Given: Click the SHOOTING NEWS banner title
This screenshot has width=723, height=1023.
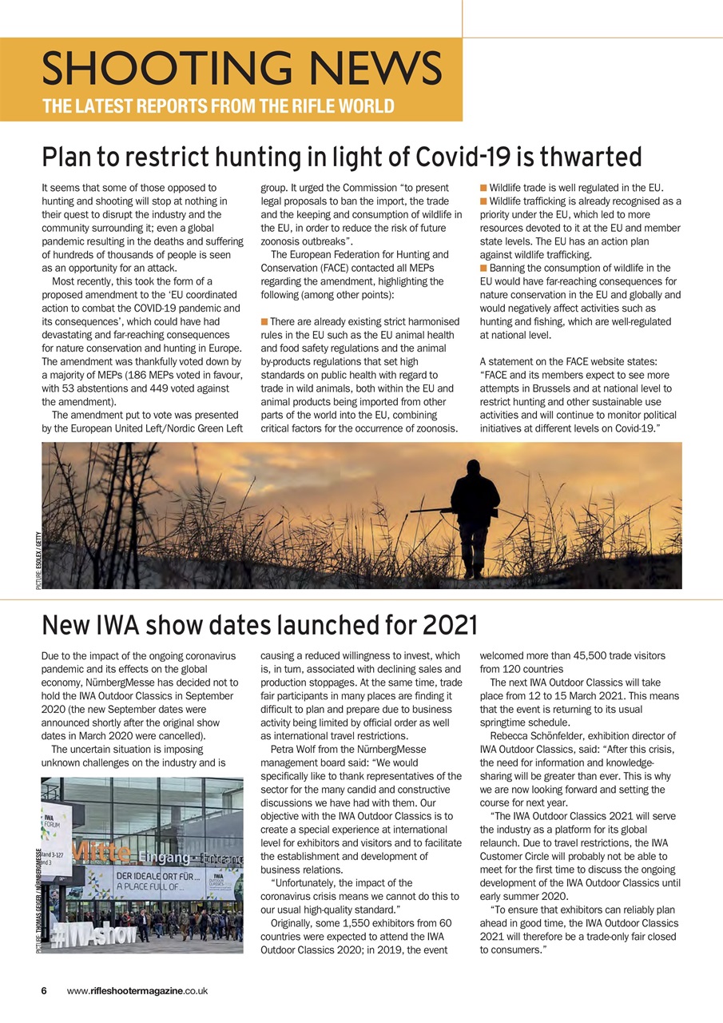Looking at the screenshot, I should pyautogui.click(x=241, y=67).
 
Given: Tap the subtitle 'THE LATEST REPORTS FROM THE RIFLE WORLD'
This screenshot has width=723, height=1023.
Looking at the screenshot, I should pyautogui.click(x=218, y=106).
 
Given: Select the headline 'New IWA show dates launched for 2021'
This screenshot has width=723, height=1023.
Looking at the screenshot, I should pyautogui.click(x=259, y=623).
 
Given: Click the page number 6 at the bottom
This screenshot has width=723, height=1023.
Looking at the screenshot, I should pyautogui.click(x=45, y=990).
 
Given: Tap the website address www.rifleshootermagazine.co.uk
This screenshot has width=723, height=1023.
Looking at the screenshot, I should pyautogui.click(x=137, y=990).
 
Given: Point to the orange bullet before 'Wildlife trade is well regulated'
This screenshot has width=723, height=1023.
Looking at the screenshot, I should pyautogui.click(x=483, y=188).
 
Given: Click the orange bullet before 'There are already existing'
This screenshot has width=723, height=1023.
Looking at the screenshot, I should pyautogui.click(x=264, y=321).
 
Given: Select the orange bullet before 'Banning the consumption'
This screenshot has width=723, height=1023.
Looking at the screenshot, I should pyautogui.click(x=483, y=269).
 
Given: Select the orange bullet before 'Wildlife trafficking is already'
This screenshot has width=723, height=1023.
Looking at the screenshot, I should pyautogui.click(x=483, y=201).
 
